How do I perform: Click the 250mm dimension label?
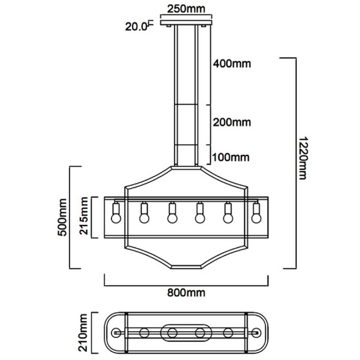186,9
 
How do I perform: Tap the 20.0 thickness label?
136,27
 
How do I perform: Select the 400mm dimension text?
232,64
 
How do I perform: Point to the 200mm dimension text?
232,122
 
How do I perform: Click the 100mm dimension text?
230,157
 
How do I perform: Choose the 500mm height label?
62,217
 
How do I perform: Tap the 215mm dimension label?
84,216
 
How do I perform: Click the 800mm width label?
186,293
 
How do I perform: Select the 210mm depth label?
83,332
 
